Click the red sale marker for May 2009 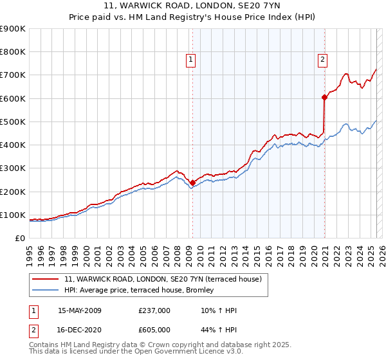[192, 183]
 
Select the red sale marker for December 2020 [324, 98]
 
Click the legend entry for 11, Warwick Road [163, 280]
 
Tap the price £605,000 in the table [154, 330]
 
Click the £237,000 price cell [154, 310]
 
